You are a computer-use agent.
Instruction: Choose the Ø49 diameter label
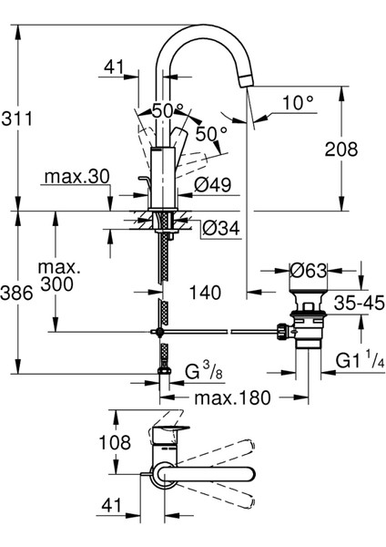216,186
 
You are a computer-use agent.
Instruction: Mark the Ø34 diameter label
216,227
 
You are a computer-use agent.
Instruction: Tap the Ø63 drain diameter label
310,271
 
